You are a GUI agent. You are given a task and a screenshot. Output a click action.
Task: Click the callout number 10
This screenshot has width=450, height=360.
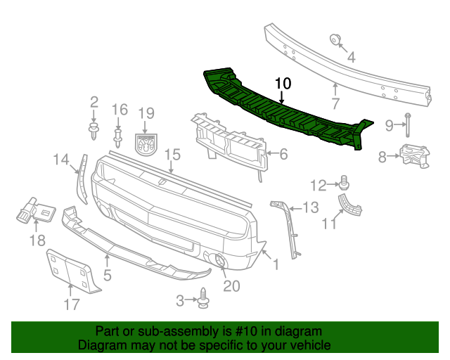(282, 83)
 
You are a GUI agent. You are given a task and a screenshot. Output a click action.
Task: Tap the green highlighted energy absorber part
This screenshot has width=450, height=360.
(281, 112)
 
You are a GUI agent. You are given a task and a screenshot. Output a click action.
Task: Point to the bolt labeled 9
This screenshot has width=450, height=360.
(407, 124)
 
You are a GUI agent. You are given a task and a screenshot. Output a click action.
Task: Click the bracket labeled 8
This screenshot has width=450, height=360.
(413, 156)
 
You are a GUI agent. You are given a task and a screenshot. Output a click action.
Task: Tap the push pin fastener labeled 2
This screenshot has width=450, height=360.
(93, 129)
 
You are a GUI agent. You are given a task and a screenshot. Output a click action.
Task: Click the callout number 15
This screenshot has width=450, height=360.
(172, 154)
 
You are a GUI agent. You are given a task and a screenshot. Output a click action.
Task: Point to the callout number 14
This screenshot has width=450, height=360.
(61, 160)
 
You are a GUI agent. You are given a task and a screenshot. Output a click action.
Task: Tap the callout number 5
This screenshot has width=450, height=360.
(107, 276)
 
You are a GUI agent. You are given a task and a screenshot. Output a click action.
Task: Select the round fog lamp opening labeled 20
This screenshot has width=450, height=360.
(219, 262)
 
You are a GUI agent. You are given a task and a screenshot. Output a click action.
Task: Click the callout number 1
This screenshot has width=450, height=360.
(276, 265)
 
